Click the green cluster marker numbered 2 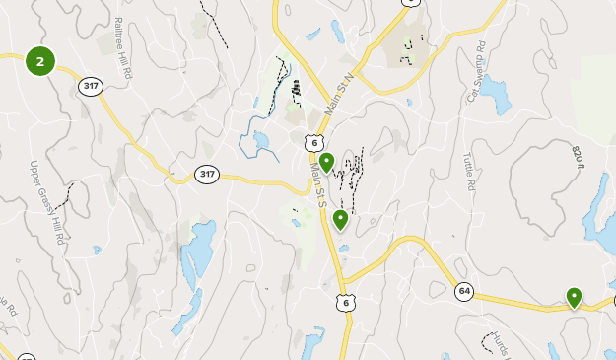pos(39,61)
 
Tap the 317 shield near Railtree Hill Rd pos(92,86)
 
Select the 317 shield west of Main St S pos(206,174)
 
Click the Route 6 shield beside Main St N pos(313,143)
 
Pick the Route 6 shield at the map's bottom pos(344,302)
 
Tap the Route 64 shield pos(464,291)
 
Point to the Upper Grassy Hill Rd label pos(46,201)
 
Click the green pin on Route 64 pos(574,296)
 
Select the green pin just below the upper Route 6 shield pos(326,162)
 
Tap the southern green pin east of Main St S pos(340,219)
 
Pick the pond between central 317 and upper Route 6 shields pos(261,144)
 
